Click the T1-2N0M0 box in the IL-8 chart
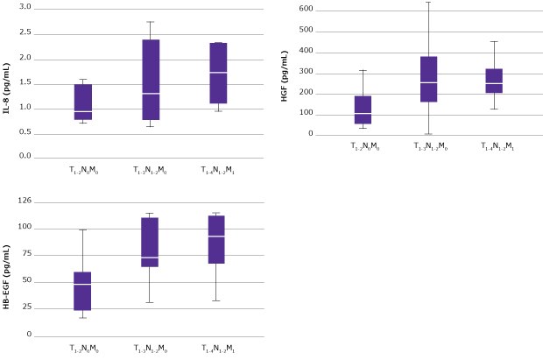tap(83, 102)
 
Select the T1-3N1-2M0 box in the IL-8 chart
tap(151, 80)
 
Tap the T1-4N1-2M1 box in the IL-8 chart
tap(218, 73)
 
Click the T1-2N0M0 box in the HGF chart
tap(362, 109)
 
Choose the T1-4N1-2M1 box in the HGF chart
tap(495, 81)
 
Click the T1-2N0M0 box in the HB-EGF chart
tap(83, 291)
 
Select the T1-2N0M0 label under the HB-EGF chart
tap(83, 349)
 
